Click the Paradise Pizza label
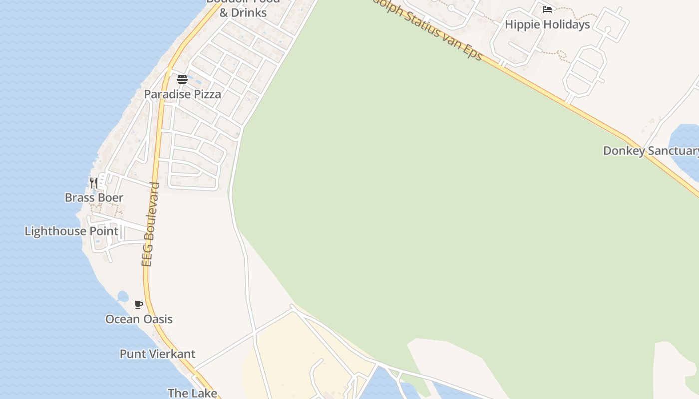tap(182, 94)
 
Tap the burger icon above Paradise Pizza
tap(182, 79)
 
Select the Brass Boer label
tap(94, 198)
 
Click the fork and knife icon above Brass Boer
tap(93, 183)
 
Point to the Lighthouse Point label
tap(71, 231)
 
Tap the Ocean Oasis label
tap(139, 319)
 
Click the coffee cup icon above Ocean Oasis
tap(139, 304)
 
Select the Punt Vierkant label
tap(157, 354)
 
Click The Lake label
tap(192, 393)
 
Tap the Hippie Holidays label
tap(547, 24)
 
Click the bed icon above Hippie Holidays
tap(547, 9)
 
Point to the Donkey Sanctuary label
tap(651, 151)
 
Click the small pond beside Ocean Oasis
tap(122, 296)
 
